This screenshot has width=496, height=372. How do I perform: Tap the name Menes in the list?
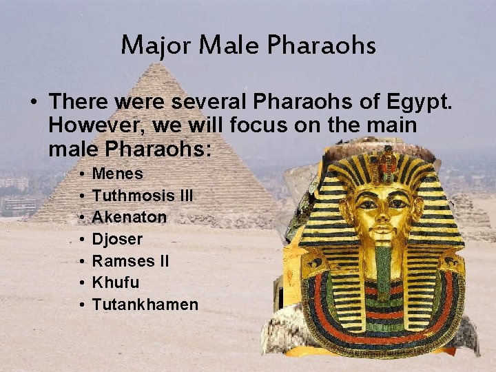[x=117, y=174]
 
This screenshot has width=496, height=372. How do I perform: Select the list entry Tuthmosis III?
[x=143, y=196]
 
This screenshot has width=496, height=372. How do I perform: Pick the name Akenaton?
[x=130, y=217]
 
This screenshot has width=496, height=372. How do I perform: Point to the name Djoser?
[x=117, y=239]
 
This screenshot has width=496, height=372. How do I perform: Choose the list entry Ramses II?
[x=130, y=261]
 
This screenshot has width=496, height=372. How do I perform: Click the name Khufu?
[x=116, y=282]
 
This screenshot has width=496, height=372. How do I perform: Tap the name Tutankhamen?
[x=145, y=304]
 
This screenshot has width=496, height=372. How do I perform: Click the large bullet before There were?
[x=33, y=103]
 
